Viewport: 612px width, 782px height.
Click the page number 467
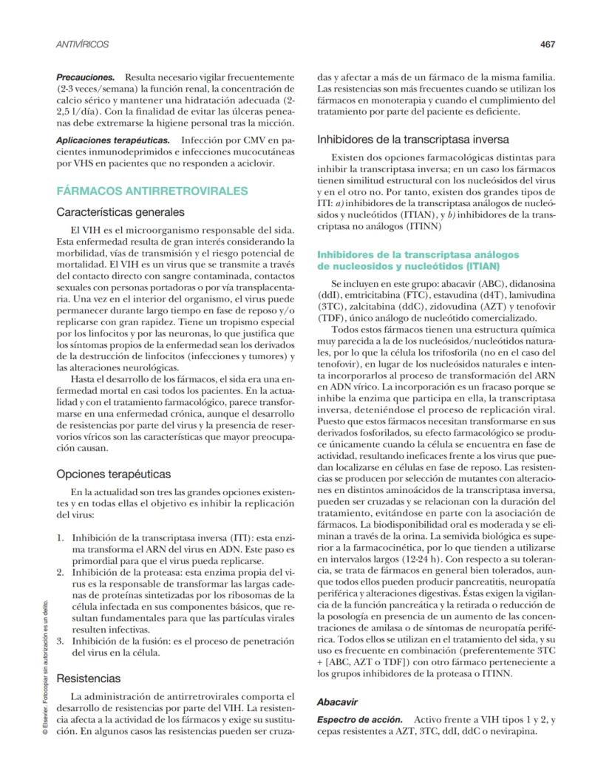tap(547, 44)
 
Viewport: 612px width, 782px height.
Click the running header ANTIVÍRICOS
tap(83, 45)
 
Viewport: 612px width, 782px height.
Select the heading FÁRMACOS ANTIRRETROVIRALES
tap(152, 191)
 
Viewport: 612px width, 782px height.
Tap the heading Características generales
tap(120, 212)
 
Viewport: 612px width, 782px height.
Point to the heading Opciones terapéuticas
tap(114, 473)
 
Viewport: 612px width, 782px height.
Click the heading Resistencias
tap(89, 676)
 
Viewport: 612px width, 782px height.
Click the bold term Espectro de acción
tap(360, 719)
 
